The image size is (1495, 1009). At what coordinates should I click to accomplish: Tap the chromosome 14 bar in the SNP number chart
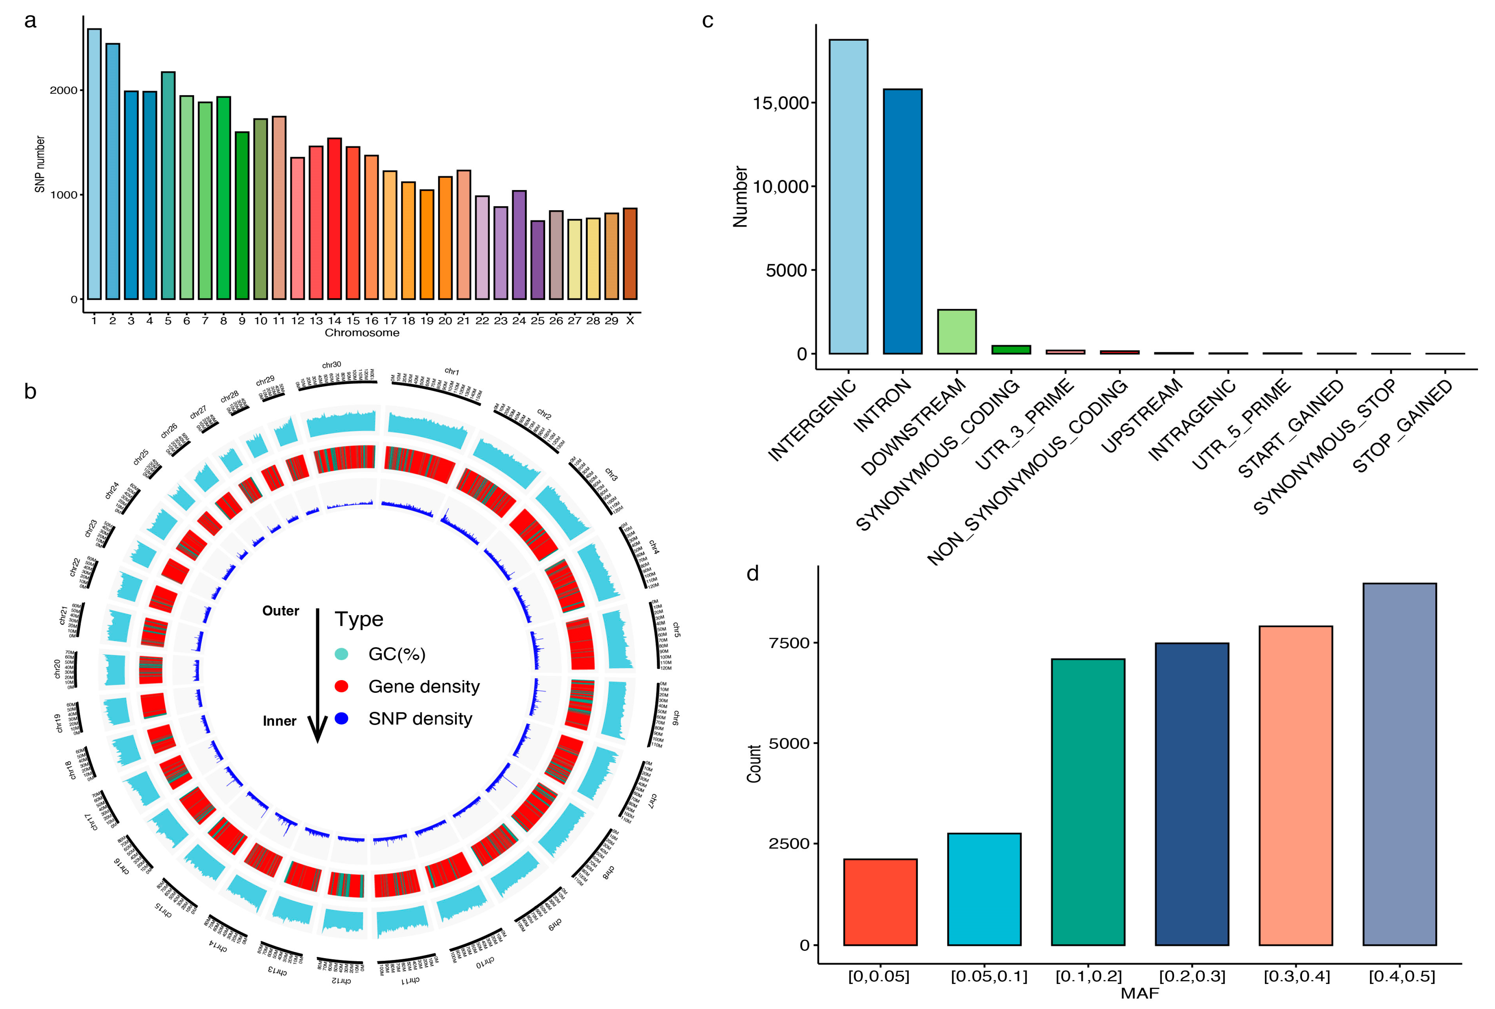click(334, 219)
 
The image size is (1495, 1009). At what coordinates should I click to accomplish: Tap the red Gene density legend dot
click(341, 686)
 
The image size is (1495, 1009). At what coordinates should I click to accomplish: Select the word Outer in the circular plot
click(280, 611)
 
